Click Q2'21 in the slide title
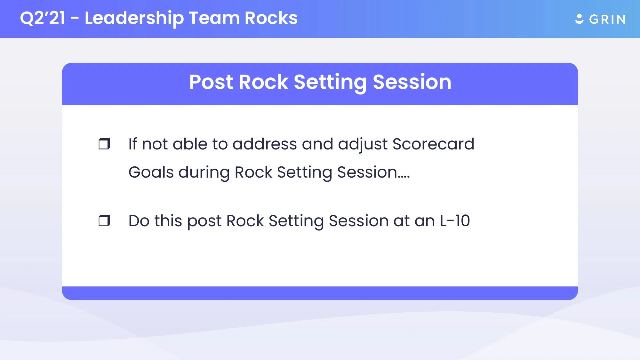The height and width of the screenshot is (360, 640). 43,18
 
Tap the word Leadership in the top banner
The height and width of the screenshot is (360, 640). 134,18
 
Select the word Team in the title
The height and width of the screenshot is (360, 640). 214,18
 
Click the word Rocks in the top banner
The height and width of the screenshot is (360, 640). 271,18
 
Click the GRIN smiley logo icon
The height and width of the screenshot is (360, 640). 579,19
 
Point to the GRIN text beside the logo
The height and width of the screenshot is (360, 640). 607,20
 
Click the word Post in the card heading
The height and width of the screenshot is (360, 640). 211,82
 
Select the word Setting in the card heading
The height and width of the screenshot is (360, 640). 330,82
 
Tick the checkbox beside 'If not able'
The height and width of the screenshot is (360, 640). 104,144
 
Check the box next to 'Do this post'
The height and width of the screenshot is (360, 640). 104,221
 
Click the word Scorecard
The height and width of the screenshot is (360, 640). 433,144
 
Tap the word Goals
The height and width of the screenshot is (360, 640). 151,172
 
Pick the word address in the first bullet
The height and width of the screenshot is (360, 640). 265,144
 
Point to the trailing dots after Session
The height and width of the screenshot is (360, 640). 404,176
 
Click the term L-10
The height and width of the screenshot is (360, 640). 455,221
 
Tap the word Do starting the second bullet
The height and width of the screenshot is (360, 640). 139,221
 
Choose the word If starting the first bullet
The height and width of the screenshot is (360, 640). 132,144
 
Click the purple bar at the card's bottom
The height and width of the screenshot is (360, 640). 320,293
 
